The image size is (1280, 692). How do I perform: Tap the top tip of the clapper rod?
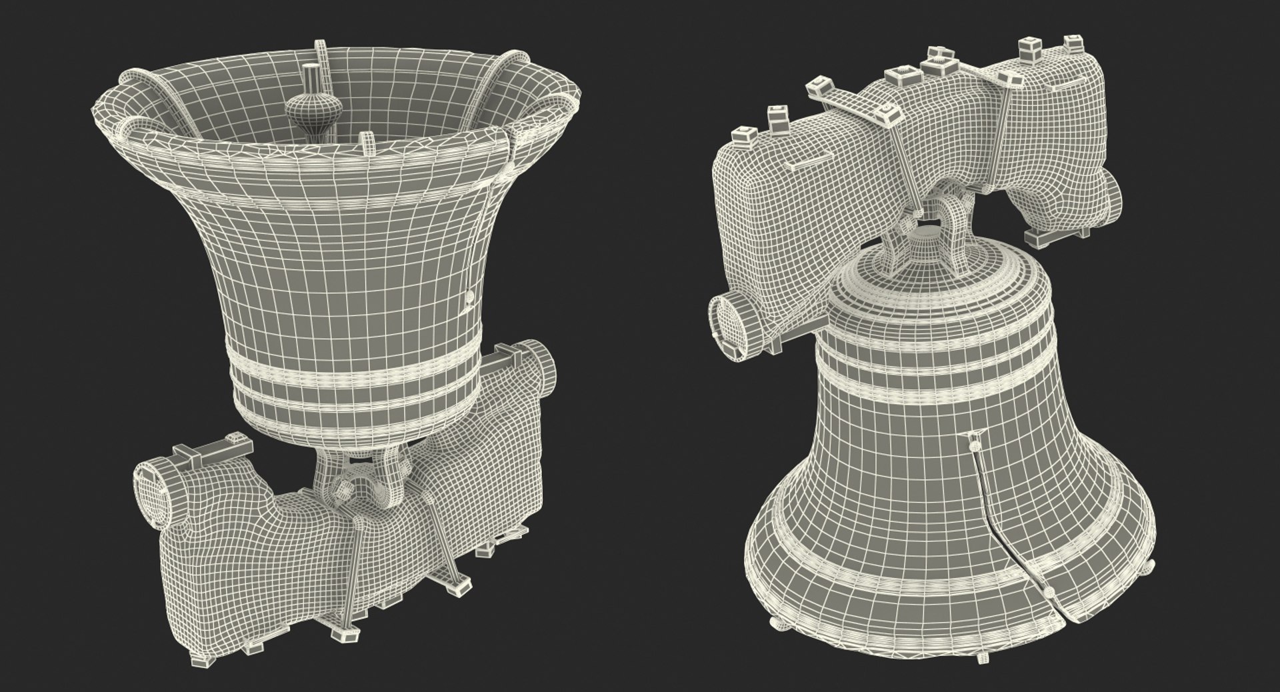(x=310, y=67)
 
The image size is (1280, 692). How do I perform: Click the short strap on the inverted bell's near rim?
(x=365, y=142)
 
